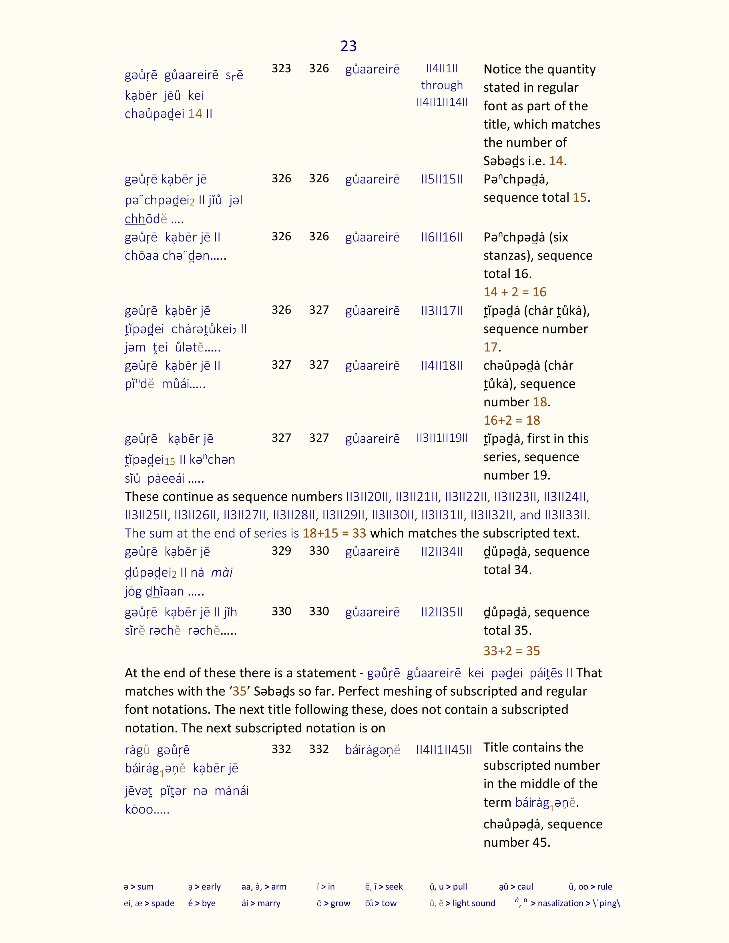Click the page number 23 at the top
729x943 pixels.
click(x=348, y=46)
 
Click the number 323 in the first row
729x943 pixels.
click(x=281, y=68)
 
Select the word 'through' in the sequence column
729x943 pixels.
click(x=442, y=85)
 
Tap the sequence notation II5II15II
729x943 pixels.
click(x=442, y=179)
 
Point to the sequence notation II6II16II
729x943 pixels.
click(x=442, y=237)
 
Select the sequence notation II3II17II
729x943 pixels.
click(x=442, y=310)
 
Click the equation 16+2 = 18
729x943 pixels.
click(x=512, y=420)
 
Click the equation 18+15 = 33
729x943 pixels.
click(x=334, y=533)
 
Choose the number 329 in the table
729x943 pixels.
click(x=281, y=551)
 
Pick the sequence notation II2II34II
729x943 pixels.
click(x=442, y=552)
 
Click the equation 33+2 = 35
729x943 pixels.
click(x=512, y=651)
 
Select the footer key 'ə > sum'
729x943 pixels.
click(x=139, y=886)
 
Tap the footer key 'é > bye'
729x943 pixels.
click(x=202, y=903)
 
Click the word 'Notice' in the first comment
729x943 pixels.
click(x=502, y=69)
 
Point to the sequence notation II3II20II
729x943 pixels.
click(x=368, y=497)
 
